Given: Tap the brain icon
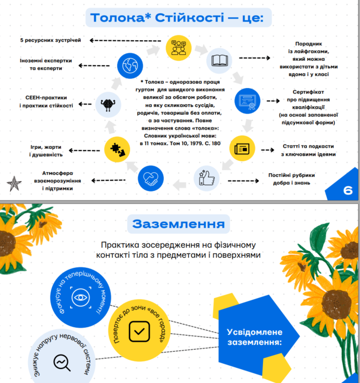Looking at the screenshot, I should pos(108,105).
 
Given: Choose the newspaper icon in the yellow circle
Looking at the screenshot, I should pos(243,149).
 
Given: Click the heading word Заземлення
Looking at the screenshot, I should pos(179,223).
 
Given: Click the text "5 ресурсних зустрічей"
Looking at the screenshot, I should pos(50,40).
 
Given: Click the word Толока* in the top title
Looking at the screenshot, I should pos(120,19).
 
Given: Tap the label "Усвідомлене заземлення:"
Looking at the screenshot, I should pos(255,337).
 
